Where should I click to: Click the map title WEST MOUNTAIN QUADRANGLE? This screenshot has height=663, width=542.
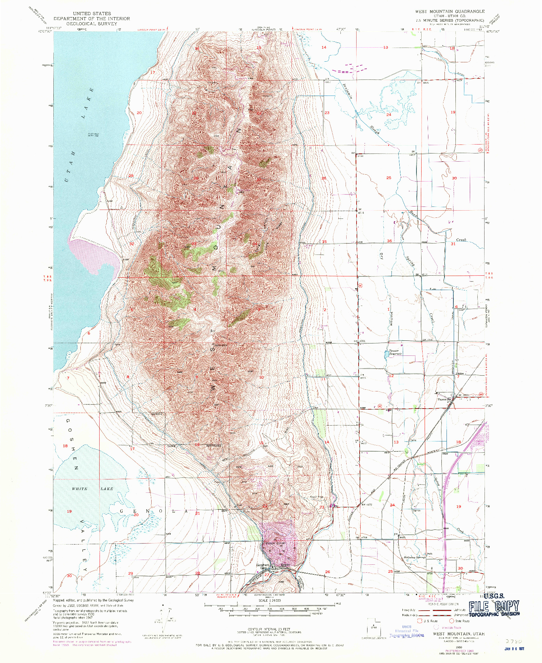click(450, 11)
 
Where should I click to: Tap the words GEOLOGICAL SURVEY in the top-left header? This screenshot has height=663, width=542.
click(91, 24)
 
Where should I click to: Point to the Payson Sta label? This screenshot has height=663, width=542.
click(445, 399)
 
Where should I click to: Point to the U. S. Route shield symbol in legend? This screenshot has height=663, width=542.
click(420, 621)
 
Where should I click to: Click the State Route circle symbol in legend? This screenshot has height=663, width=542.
click(452, 621)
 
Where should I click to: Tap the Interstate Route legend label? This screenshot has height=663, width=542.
click(452, 628)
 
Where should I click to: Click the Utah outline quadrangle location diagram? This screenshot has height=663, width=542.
click(373, 627)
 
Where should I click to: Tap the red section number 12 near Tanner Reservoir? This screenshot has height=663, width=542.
click(391, 376)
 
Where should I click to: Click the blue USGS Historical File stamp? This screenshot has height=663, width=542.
click(406, 631)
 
